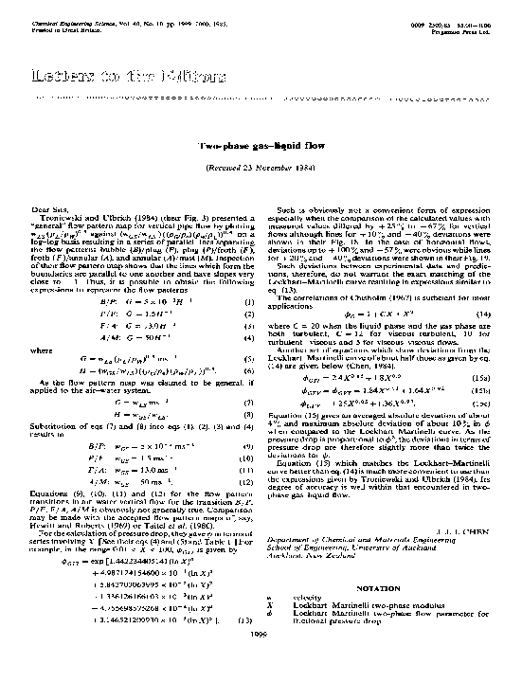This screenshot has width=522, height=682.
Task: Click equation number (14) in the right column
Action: pos(484,313)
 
